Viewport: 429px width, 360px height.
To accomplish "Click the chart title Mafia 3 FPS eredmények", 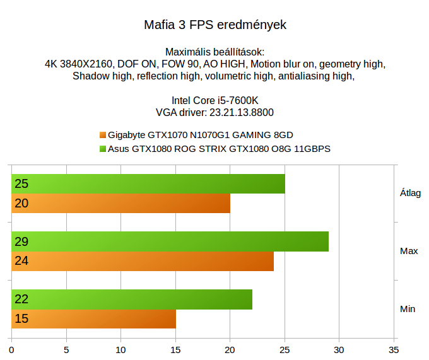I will click(x=215, y=26).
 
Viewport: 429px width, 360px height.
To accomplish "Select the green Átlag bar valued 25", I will click(x=148, y=184).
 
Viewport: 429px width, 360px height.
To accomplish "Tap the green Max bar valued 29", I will click(x=170, y=241).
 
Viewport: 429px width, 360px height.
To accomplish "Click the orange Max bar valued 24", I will click(x=143, y=261).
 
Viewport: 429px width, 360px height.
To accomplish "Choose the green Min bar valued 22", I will click(x=132, y=299).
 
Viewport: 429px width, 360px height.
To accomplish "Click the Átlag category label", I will click(x=410, y=194).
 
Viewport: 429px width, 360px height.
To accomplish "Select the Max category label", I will click(x=409, y=251).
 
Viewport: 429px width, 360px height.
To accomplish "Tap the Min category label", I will click(x=408, y=309).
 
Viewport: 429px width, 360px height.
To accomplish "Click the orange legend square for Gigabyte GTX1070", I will click(x=103, y=135).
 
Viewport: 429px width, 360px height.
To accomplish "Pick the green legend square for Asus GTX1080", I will click(x=103, y=149).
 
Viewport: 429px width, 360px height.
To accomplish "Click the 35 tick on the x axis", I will click(x=394, y=348).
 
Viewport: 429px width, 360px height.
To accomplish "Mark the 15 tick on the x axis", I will click(x=175, y=348).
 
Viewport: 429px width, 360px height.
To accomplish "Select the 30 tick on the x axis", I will click(x=339, y=348).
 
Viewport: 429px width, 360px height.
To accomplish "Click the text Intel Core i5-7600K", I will click(x=214, y=100).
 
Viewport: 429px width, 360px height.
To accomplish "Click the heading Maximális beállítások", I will click(x=214, y=52).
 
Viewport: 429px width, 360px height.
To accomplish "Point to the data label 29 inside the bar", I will click(x=21, y=241).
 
